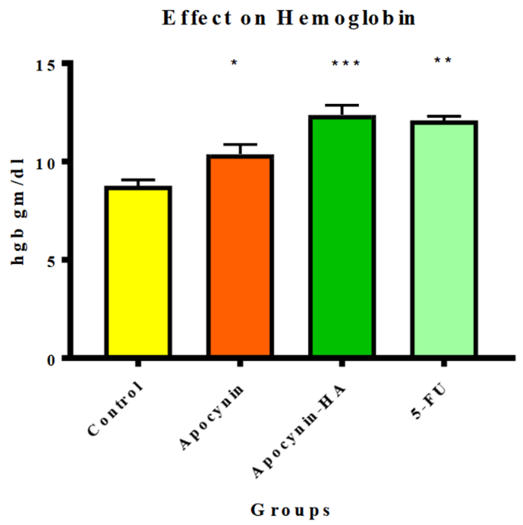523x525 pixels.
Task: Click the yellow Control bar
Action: click(x=138, y=271)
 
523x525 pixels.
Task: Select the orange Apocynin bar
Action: click(x=241, y=256)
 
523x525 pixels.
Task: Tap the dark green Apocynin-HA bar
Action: click(x=343, y=236)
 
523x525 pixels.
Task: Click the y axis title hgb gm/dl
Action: click(x=18, y=210)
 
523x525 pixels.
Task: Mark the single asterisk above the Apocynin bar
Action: click(x=235, y=64)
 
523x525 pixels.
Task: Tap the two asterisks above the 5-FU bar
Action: click(x=443, y=61)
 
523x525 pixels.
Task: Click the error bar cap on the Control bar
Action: click(x=138, y=181)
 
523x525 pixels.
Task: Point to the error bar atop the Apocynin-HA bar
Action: click(x=343, y=106)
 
